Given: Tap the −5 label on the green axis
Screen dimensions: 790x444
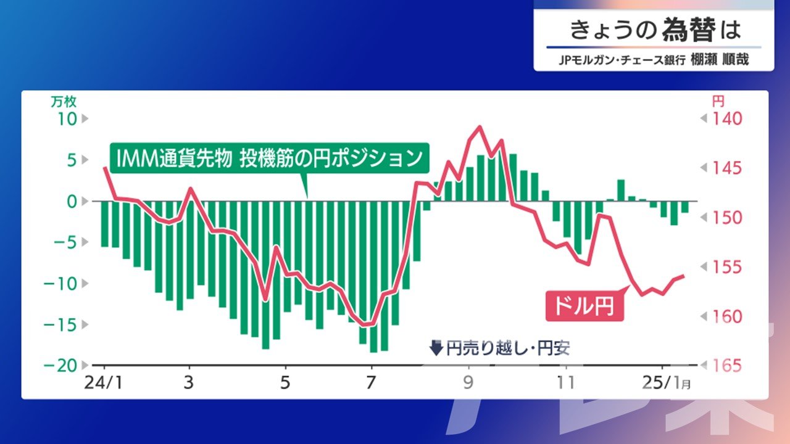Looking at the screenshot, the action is (65, 242).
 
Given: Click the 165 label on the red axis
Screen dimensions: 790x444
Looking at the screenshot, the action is (727, 366).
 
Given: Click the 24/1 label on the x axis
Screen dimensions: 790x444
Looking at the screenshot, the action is (103, 382).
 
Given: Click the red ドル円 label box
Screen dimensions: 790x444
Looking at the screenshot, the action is (584, 305).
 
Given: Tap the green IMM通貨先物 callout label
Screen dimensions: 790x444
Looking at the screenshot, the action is (270, 158).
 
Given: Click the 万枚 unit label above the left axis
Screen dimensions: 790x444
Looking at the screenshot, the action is (64, 102).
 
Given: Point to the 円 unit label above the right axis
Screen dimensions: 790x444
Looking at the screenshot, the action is (718, 102).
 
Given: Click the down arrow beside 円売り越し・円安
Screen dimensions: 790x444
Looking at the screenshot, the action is (436, 348).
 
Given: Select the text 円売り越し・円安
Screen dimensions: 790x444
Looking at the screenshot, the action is (508, 348).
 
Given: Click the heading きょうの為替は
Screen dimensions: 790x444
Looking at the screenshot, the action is (655, 30).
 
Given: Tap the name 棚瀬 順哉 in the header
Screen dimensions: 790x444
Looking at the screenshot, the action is (720, 59).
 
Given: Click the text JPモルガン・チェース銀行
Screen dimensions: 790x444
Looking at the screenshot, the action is (622, 60).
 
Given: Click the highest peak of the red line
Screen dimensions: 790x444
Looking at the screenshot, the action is (480, 126).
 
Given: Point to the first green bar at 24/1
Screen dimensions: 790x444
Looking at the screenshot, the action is (105, 224).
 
